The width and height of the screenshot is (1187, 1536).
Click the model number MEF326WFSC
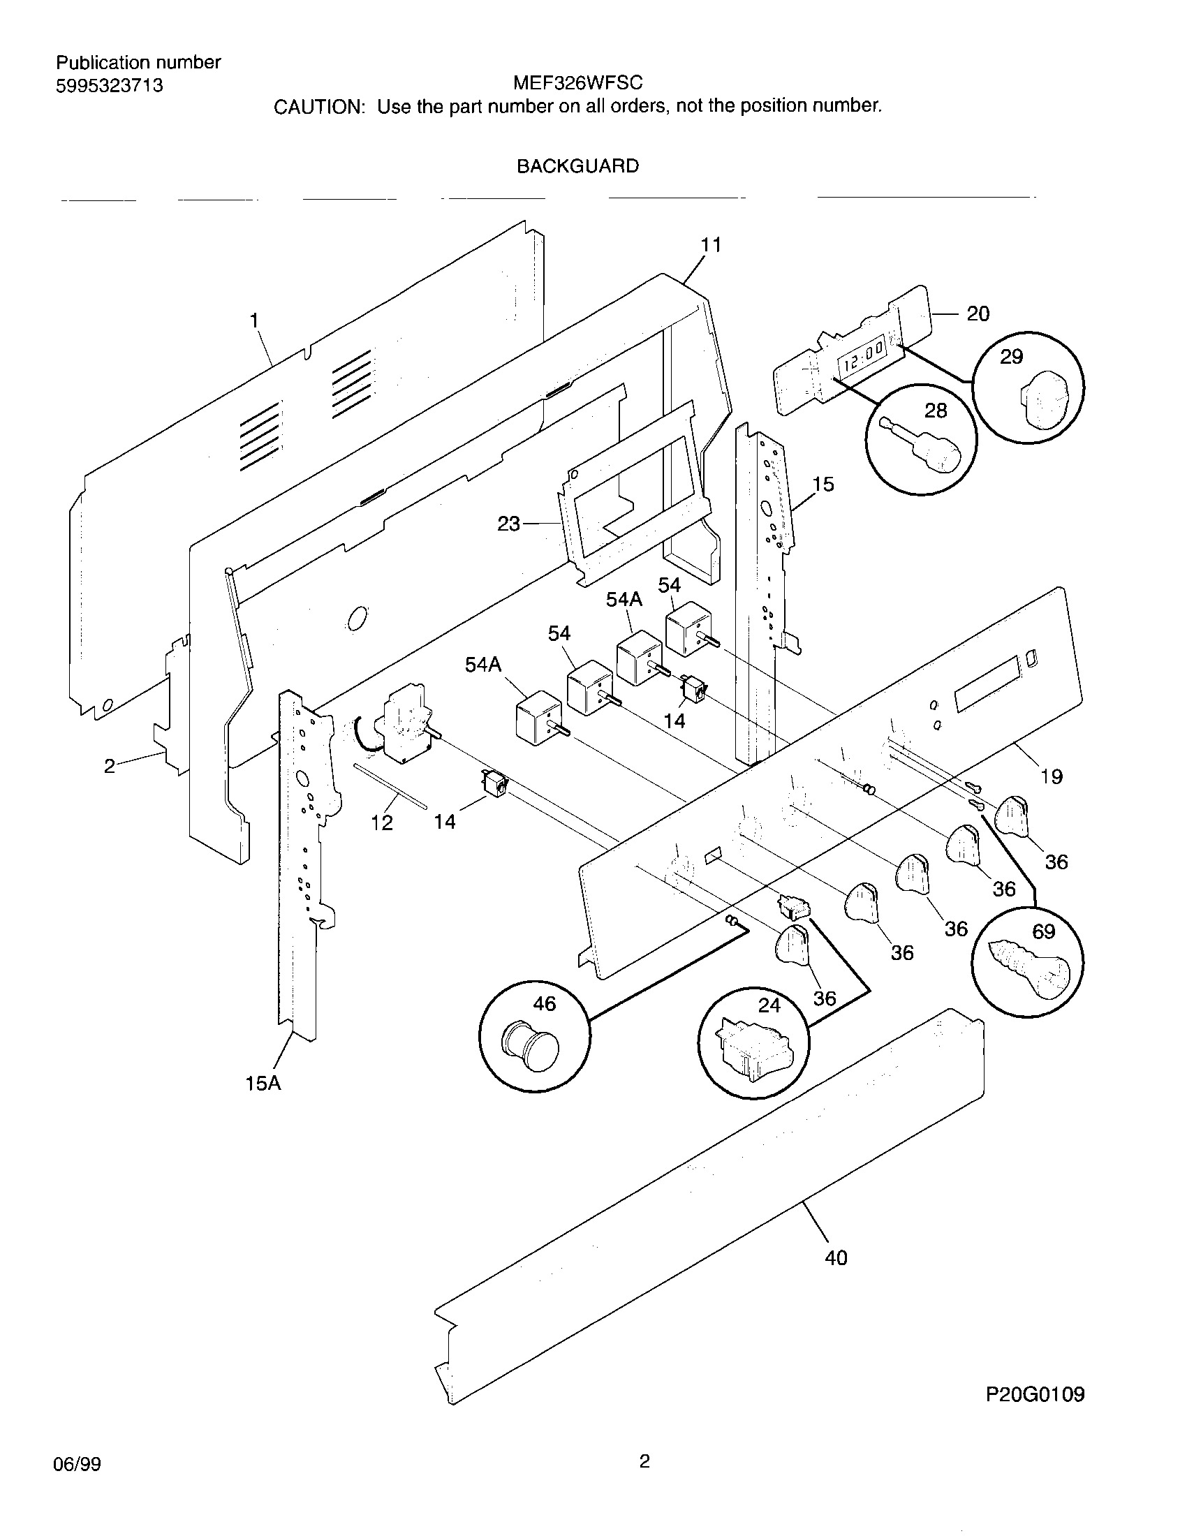point(577,83)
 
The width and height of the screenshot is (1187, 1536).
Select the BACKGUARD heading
point(577,166)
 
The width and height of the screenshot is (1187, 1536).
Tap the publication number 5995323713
point(109,86)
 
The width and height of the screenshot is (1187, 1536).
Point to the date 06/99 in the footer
point(77,1464)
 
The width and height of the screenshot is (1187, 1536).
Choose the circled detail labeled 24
point(753,1042)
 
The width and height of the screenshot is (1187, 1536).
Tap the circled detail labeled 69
point(1027,960)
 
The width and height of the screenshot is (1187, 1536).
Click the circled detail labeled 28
point(921,440)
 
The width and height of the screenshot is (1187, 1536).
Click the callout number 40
point(835,1257)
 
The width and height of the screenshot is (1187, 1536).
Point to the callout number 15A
point(263,1083)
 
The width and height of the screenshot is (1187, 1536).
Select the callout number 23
point(508,523)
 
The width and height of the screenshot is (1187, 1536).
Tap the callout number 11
point(711,245)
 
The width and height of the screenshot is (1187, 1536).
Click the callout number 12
point(382,823)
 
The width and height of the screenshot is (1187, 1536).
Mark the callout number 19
point(1052,776)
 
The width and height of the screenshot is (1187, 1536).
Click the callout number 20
point(978,313)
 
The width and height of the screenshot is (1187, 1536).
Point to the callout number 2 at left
point(110,766)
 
